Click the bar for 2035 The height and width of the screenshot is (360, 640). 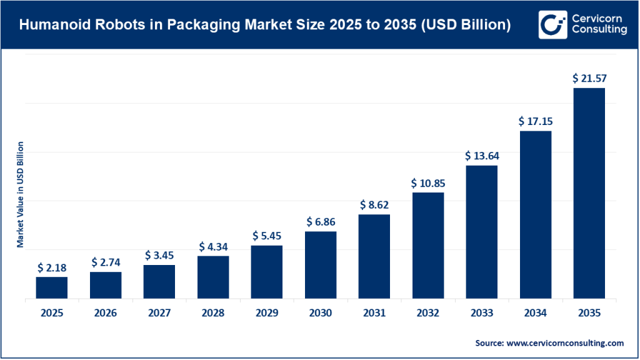click(589, 193)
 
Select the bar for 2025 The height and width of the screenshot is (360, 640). click(52, 287)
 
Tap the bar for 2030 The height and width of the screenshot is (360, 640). click(321, 265)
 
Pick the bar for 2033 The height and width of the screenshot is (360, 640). click(481, 232)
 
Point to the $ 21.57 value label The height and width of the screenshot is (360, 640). click(589, 79)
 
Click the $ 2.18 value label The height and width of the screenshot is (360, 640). click(52, 267)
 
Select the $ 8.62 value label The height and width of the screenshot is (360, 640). click(374, 204)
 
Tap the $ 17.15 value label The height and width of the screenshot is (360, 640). click(535, 121)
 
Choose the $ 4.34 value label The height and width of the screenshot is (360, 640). click(213, 247)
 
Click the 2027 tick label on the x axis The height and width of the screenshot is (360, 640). click(159, 314)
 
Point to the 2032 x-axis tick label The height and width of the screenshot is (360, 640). click(427, 314)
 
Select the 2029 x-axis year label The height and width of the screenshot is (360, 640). click(267, 314)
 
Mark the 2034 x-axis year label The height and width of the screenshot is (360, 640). click(535, 314)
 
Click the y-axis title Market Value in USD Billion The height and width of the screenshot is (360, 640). click(20, 194)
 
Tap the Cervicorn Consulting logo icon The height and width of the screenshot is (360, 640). click(551, 25)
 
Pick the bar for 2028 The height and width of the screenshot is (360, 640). click(213, 277)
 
